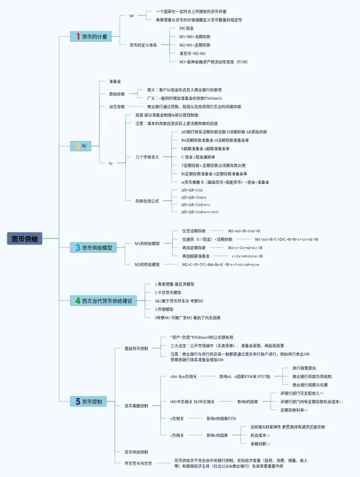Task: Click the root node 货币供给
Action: click(x=25, y=238)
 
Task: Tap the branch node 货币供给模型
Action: click(x=97, y=247)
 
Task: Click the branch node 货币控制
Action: click(x=92, y=402)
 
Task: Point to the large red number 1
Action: click(x=78, y=37)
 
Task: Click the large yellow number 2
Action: click(x=78, y=146)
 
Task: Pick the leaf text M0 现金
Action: click(x=187, y=28)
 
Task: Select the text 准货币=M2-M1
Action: click(x=192, y=53)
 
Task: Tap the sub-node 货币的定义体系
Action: click(x=143, y=44)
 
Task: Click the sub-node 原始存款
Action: click(x=117, y=94)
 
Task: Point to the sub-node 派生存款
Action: click(x=117, y=106)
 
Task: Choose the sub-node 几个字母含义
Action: click(x=147, y=157)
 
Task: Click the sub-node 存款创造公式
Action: click(x=147, y=201)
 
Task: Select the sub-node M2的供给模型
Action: click(x=147, y=264)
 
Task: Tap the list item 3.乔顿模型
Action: click(x=164, y=309)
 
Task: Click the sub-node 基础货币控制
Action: click(x=136, y=349)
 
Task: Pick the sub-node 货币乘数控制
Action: click(x=136, y=406)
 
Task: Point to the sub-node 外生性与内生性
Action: click(x=138, y=463)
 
